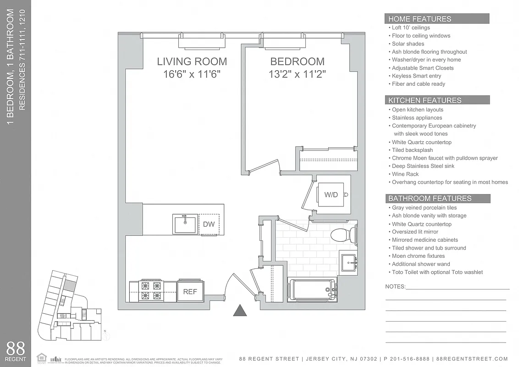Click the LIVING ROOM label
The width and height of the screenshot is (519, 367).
point(192,61)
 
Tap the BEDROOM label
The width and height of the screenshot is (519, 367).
point(297,61)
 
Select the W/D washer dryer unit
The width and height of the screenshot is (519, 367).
point(331,195)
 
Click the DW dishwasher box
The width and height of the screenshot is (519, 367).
point(209,224)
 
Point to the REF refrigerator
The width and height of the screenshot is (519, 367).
point(190,291)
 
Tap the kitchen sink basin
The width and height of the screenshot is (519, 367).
point(185,224)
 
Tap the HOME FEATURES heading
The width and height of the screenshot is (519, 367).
point(420,19)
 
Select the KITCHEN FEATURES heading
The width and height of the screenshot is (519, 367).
point(425,100)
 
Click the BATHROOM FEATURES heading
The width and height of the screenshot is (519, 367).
point(430,199)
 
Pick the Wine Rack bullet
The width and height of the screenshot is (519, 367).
point(405,174)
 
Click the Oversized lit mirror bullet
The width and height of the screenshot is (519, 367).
point(415,232)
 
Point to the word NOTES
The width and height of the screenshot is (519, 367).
point(395,287)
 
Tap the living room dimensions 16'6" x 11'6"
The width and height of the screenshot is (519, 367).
point(192,74)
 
